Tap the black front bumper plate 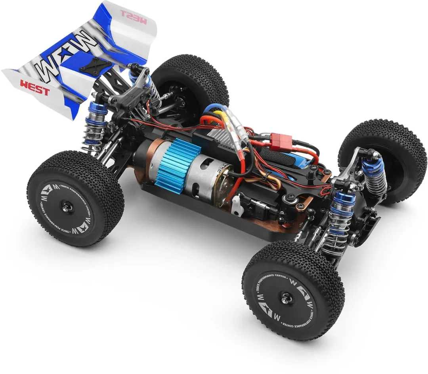coord(371,228)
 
